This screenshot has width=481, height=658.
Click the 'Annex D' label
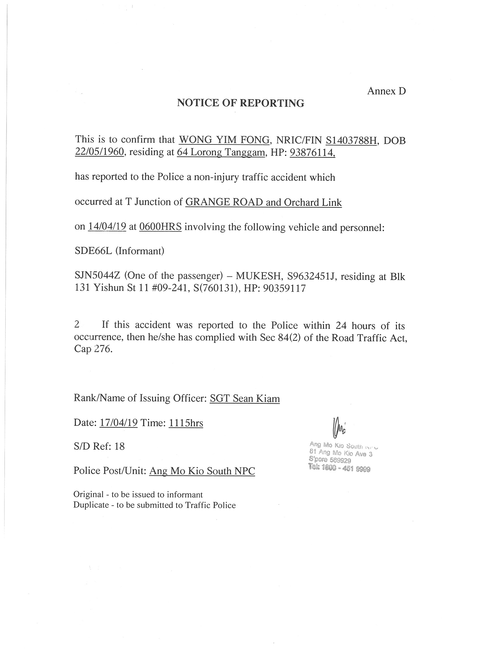tap(386, 91)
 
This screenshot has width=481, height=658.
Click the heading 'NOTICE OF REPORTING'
tap(240, 103)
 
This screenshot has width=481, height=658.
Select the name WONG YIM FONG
tap(224, 140)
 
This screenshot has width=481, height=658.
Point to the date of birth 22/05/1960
tap(100, 152)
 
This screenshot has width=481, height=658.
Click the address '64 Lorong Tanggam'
tap(221, 152)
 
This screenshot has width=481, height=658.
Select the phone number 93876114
tap(312, 152)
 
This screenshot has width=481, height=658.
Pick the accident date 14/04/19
tap(107, 226)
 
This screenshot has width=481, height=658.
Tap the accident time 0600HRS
tap(160, 226)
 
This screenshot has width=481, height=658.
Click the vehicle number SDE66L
tap(93, 251)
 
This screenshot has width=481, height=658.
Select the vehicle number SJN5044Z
tap(98, 276)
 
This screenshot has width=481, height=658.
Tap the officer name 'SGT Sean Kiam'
tap(244, 398)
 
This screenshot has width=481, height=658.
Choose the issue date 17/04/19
tap(118, 422)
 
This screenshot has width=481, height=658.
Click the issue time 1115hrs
tap(186, 422)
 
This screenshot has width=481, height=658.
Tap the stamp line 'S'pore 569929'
tap(330, 460)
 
